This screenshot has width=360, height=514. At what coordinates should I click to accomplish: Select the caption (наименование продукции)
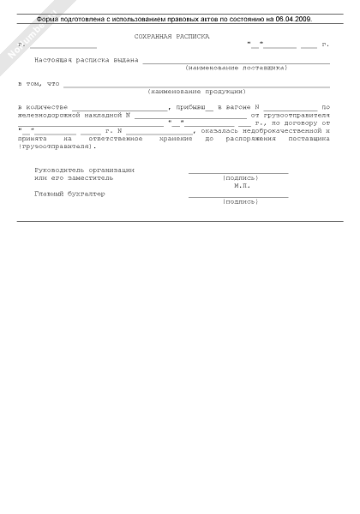click(197, 91)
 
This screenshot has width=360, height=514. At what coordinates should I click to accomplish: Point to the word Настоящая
click(54, 60)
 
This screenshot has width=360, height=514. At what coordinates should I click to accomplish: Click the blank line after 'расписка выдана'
click(236, 61)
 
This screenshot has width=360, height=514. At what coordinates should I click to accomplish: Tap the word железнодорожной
click(49, 114)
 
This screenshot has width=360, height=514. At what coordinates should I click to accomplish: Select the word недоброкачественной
click(285, 130)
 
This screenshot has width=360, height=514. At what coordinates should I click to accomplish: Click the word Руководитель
click(57, 170)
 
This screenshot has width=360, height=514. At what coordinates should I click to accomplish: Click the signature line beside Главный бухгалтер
click(238, 196)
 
